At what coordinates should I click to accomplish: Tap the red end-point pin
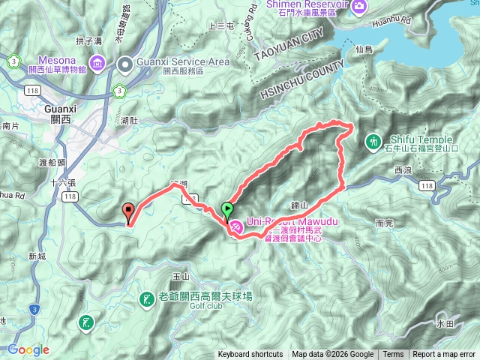[127, 212]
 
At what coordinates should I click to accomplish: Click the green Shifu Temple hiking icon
[373, 141]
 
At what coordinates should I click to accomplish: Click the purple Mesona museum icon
[97, 61]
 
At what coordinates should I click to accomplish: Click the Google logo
[28, 349]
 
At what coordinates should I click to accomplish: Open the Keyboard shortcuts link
[250, 355]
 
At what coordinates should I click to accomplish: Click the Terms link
[393, 355]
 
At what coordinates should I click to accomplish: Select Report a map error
[445, 355]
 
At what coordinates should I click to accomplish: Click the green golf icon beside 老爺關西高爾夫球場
[145, 299]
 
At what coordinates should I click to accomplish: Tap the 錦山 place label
[298, 204]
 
